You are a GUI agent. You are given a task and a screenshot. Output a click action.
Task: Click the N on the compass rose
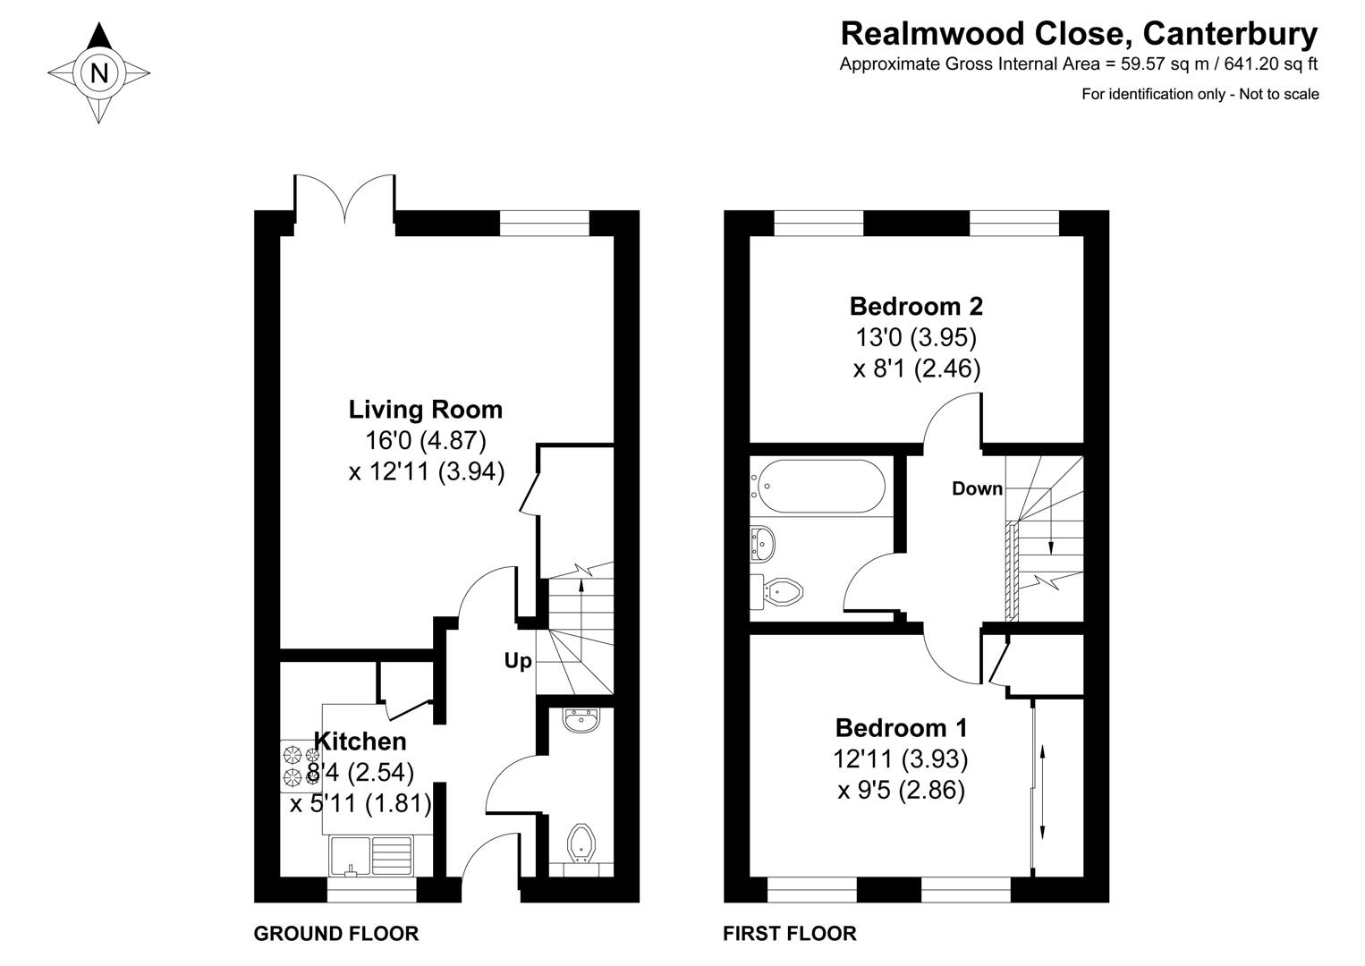[99, 73]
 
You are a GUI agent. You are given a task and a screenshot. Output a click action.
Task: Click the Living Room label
[425, 410]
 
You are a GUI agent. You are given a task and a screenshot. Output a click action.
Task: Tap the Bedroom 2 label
[916, 307]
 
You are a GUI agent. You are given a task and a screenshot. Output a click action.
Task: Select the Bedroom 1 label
[901, 727]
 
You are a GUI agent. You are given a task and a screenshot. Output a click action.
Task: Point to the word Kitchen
[360, 741]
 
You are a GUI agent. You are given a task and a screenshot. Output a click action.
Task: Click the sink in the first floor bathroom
[762, 541]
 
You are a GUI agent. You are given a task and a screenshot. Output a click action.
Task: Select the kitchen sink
[370, 855]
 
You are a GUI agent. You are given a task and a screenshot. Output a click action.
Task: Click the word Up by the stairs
[518, 661]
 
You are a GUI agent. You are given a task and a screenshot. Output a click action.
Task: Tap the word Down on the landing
[977, 488]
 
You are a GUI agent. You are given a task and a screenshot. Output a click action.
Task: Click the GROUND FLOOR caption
[336, 934]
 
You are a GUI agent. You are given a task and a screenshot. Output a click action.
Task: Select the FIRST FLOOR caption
[790, 934]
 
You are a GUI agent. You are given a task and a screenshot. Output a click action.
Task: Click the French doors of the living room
[344, 199]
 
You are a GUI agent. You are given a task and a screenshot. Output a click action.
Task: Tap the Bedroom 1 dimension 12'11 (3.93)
[901, 759]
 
